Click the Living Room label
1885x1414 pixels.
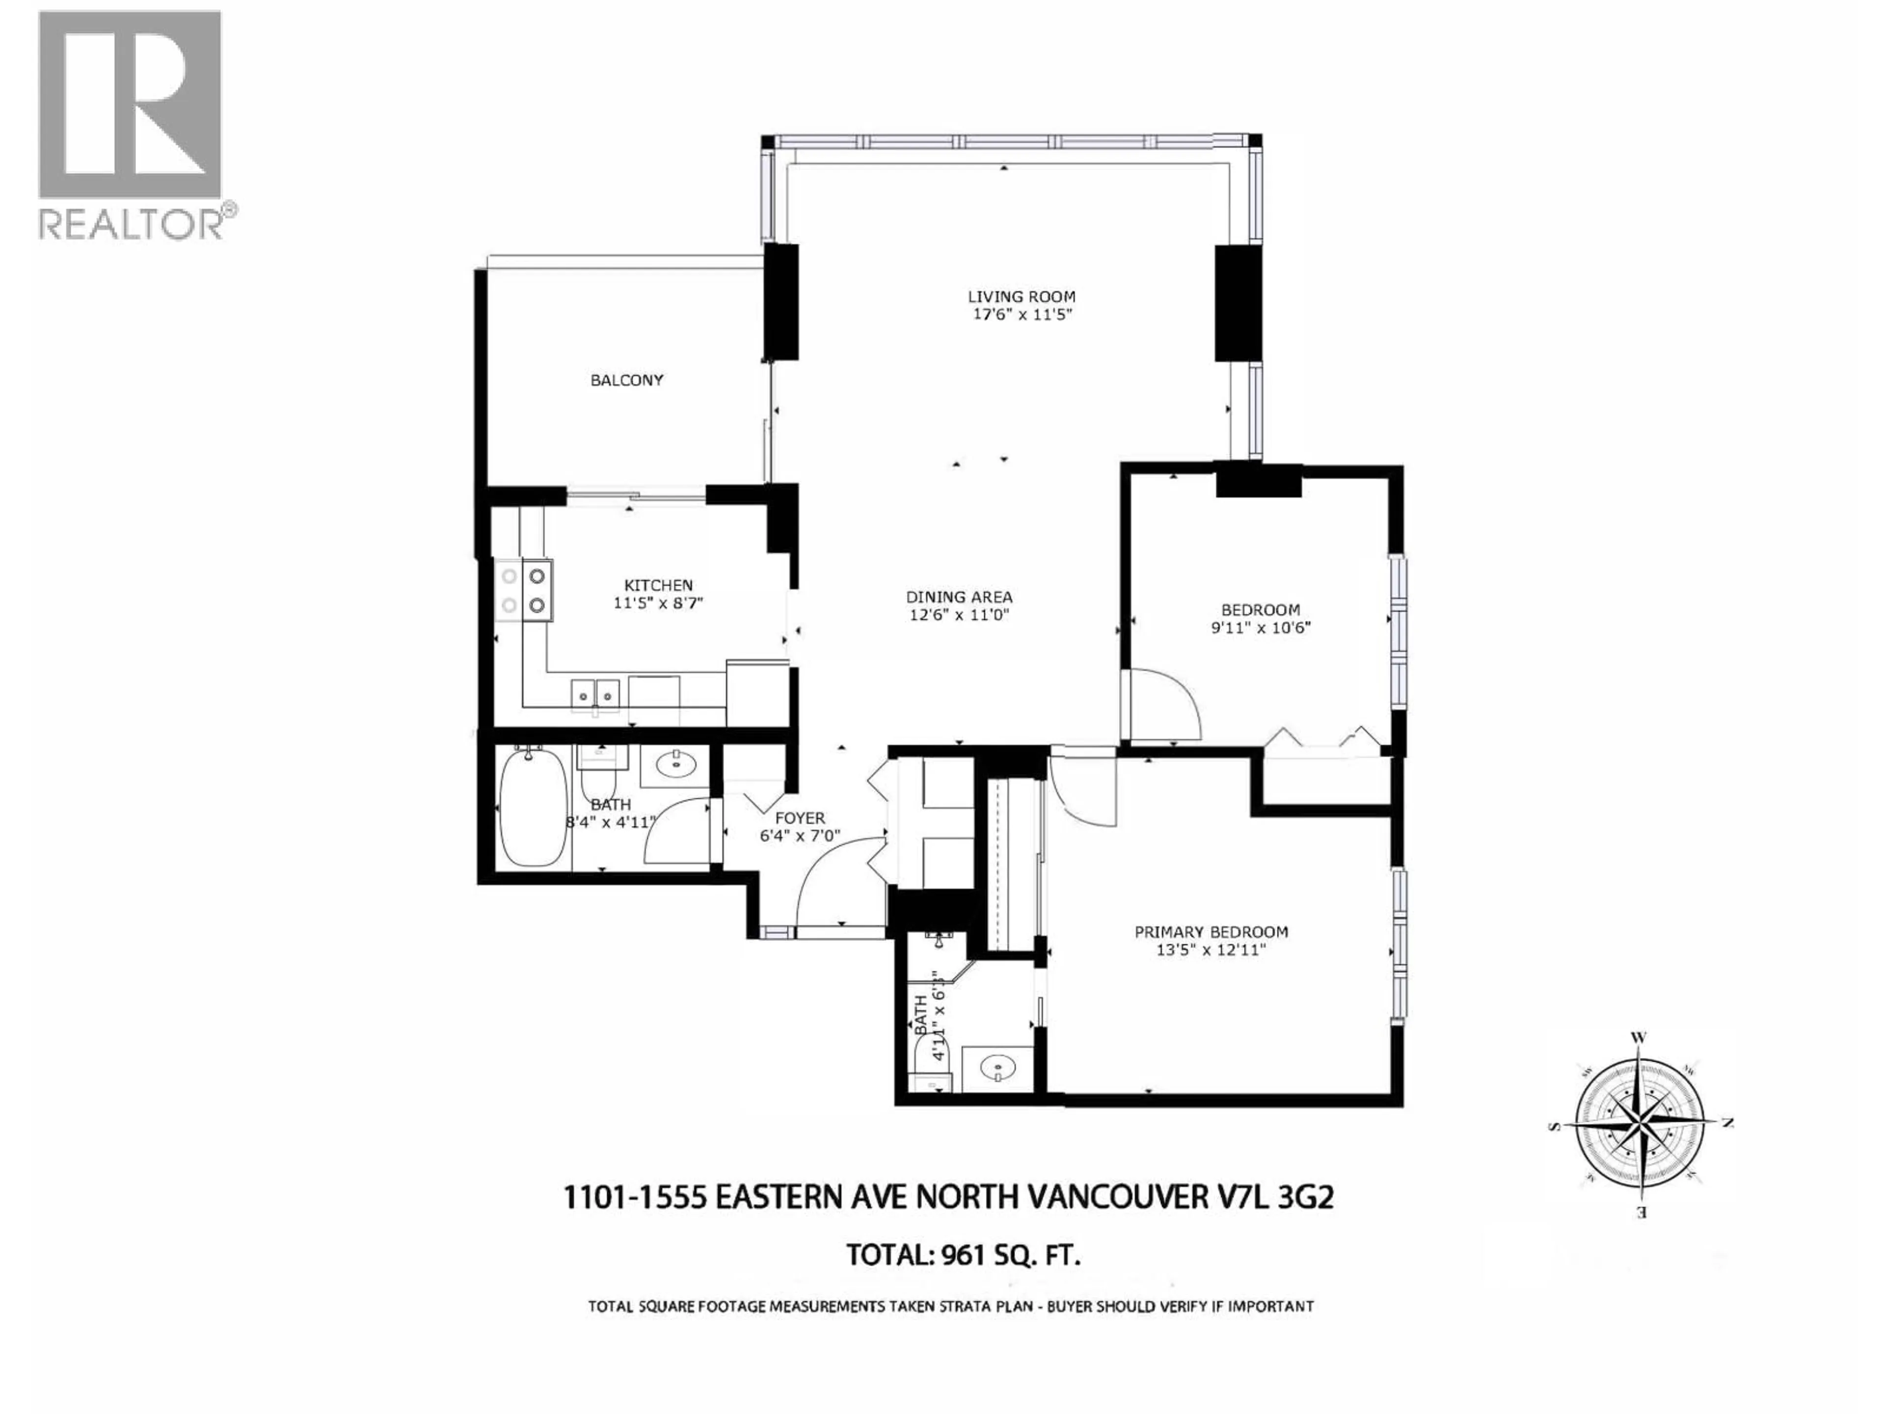1021,297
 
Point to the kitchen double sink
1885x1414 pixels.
595,692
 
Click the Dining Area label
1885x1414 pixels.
959,598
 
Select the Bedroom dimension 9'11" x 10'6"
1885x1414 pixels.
1261,627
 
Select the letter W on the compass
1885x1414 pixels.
1637,1038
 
